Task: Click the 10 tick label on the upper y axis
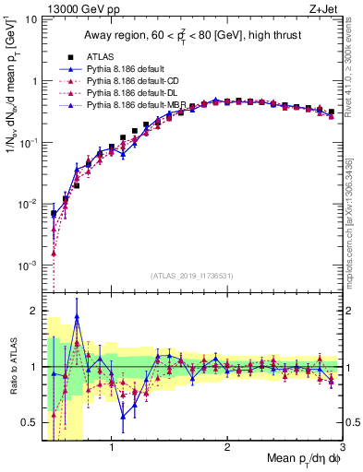[x=30, y=19]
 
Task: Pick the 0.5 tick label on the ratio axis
[x=28, y=422]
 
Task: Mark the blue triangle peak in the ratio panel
[x=78, y=316]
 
